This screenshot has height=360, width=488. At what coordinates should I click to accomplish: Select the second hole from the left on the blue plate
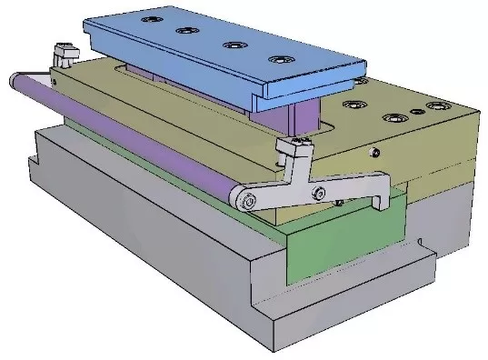click(187, 31)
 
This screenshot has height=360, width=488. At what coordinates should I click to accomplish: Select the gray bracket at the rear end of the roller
click(64, 55)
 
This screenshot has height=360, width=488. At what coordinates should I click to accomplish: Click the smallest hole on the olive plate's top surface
click(416, 113)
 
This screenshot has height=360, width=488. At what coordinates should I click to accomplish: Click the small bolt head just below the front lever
click(338, 203)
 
